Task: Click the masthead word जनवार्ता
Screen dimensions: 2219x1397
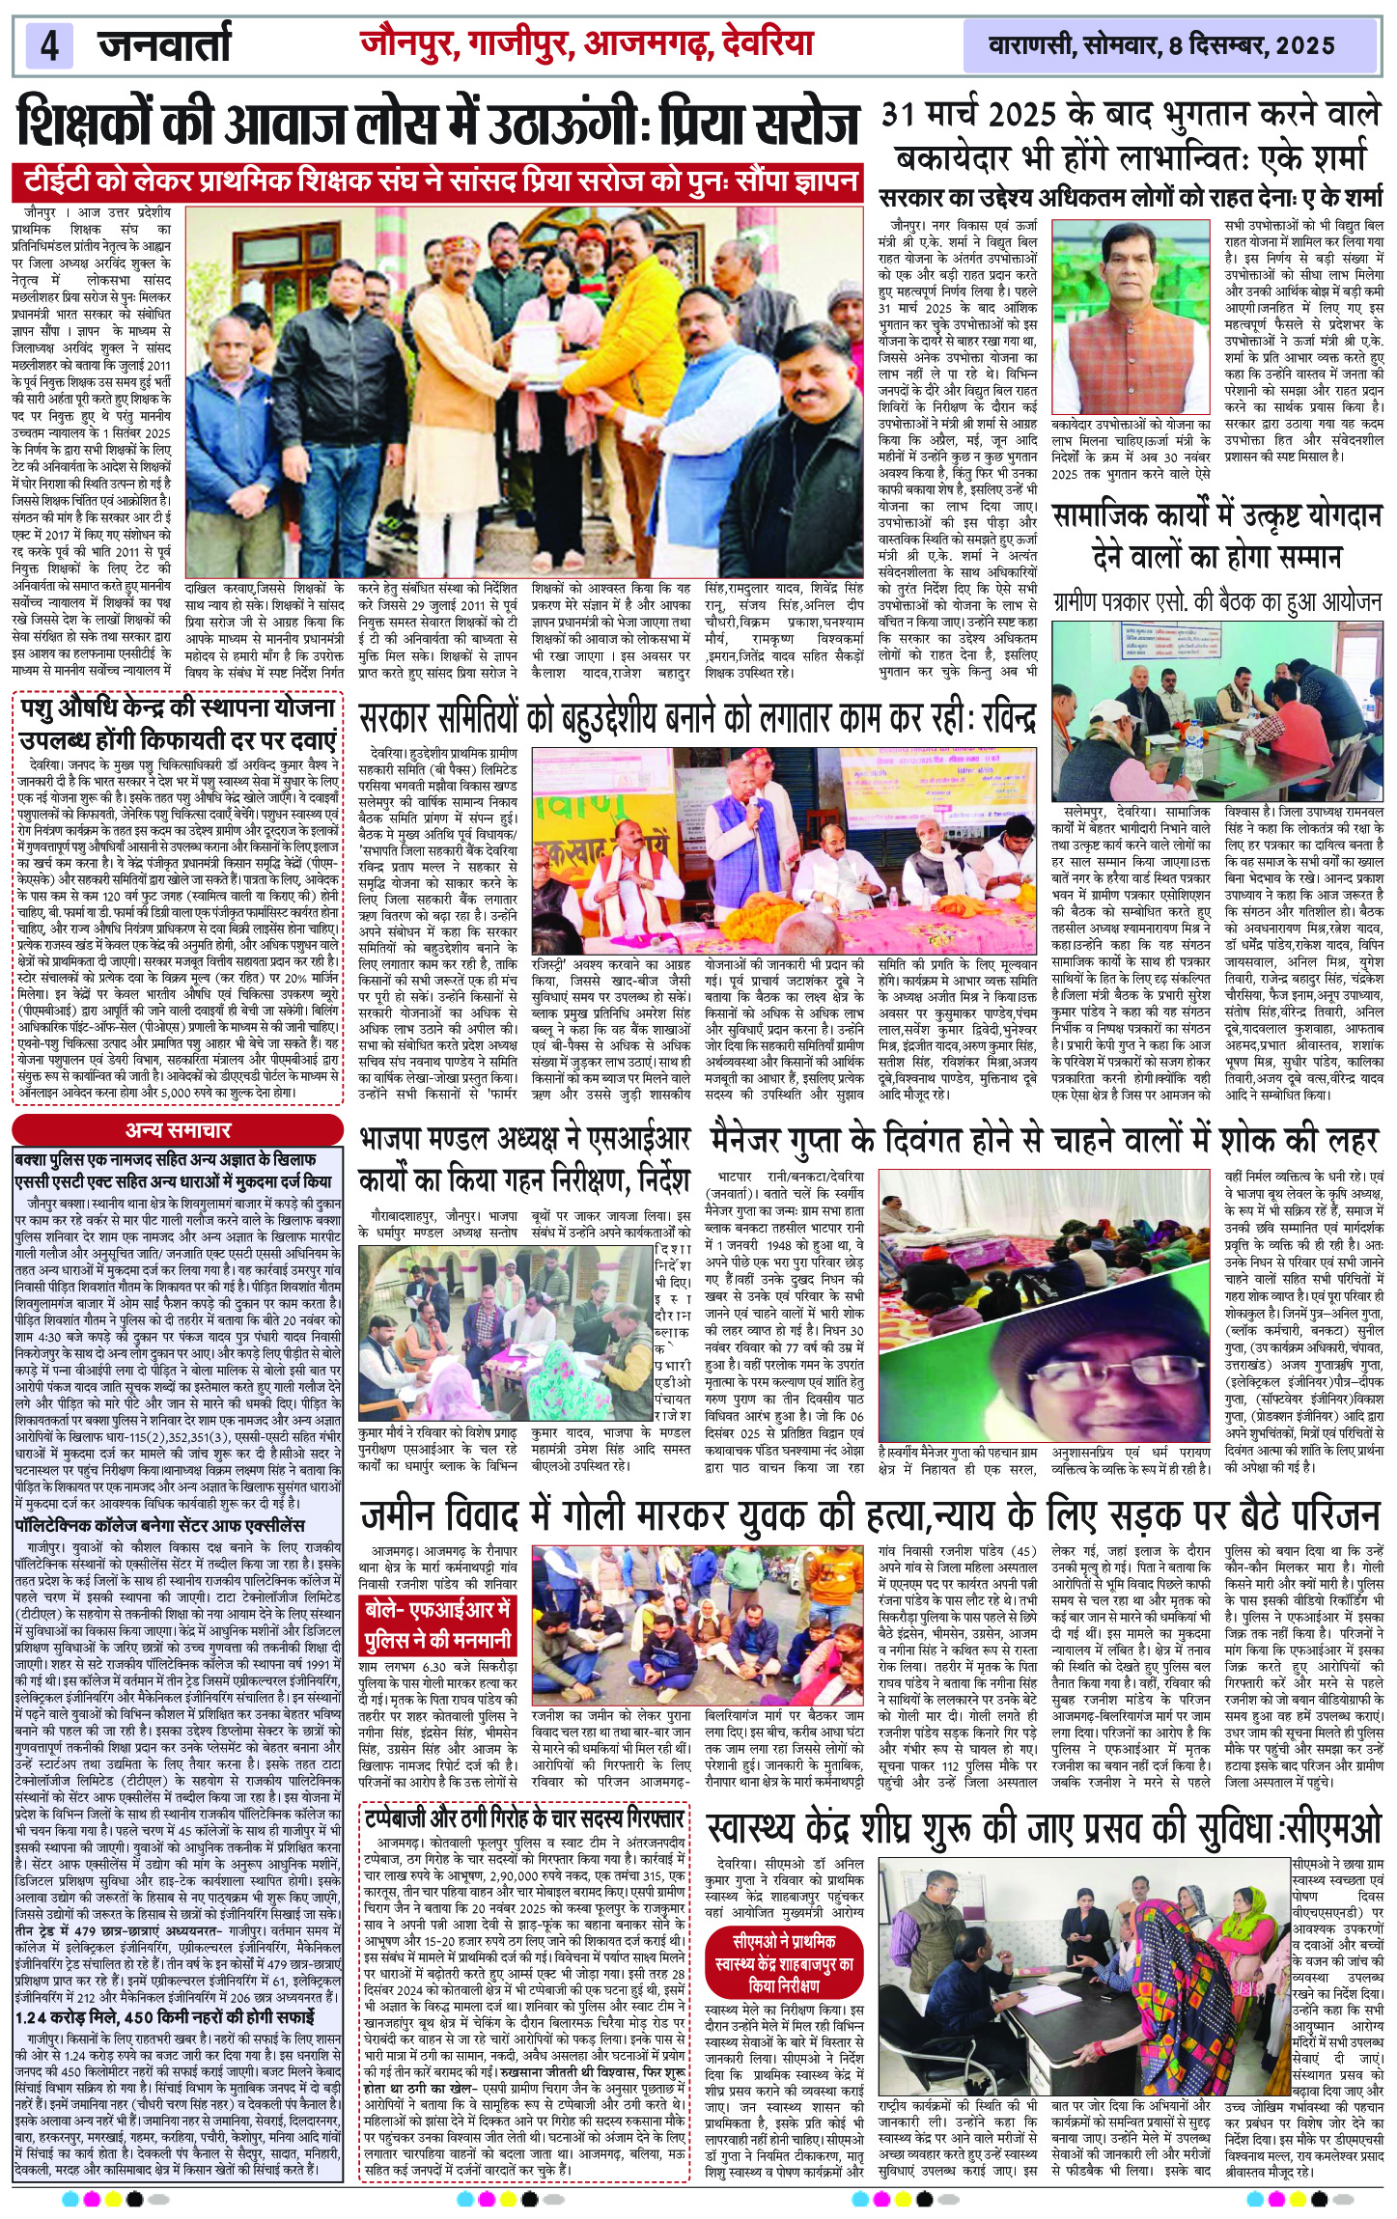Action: click(164, 45)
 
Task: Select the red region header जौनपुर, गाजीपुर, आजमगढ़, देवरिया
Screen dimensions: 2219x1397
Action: click(587, 43)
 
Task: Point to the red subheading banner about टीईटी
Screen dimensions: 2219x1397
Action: click(436, 180)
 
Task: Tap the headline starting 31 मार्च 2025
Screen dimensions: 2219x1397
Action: click(1131, 136)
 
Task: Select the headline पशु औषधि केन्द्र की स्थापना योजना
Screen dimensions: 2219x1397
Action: click(179, 724)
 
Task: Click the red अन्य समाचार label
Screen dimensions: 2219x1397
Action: click(178, 1130)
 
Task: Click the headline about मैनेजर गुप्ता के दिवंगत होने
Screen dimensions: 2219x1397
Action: click(1045, 1141)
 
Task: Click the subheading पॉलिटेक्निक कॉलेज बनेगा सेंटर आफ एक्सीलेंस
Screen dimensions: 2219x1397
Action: click(159, 1526)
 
